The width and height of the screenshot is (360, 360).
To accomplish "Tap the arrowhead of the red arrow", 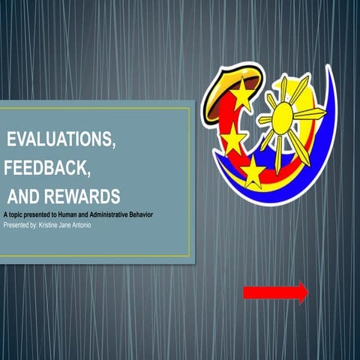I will tap(302, 292).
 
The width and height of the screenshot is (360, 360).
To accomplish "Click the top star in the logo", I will tap(242, 96).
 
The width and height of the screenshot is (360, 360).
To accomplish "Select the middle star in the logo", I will tap(233, 139).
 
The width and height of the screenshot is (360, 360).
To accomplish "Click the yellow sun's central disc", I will tap(283, 118).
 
